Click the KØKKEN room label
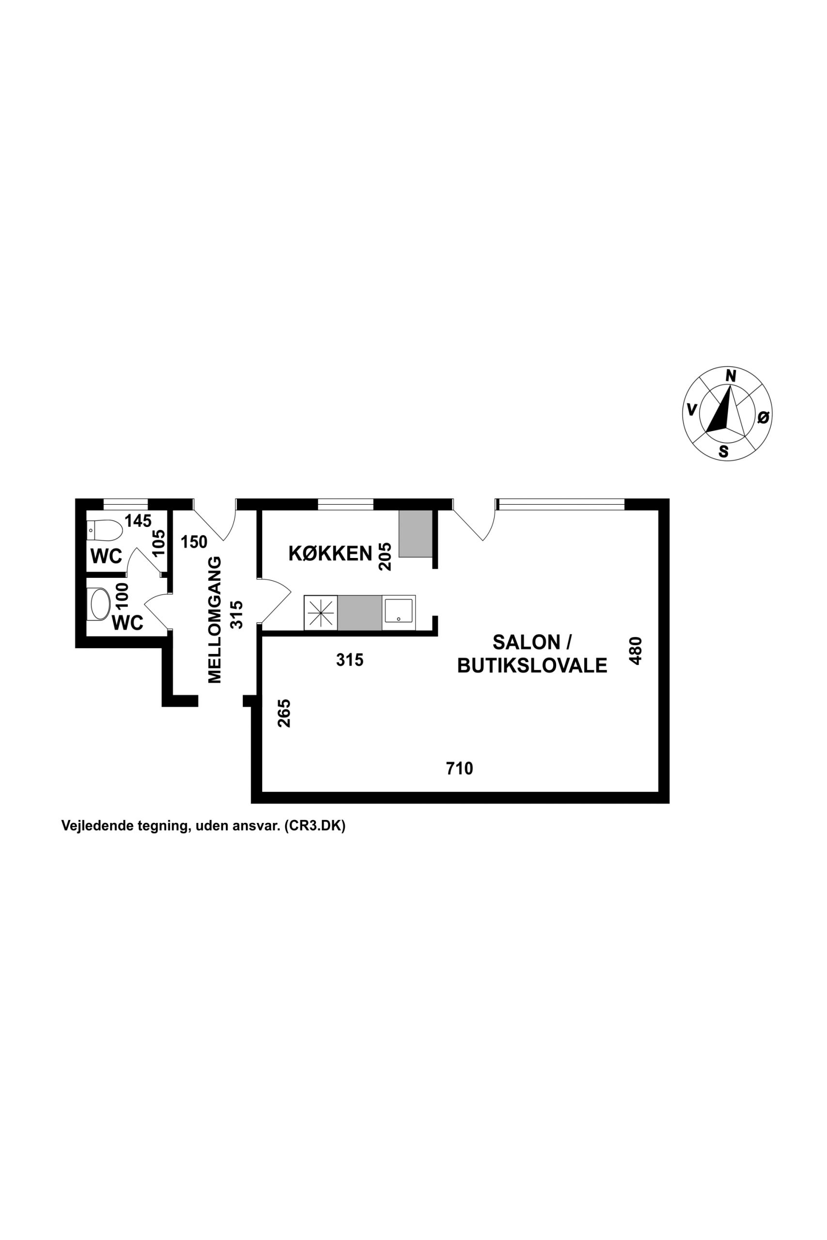[x=330, y=554]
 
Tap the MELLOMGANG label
[x=215, y=620]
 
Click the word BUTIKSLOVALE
[x=532, y=666]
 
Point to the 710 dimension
[x=459, y=769]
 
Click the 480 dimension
[x=636, y=651]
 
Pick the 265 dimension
[x=284, y=713]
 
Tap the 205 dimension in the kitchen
[x=386, y=557]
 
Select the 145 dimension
[x=138, y=521]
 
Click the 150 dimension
[x=194, y=542]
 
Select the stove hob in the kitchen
[x=321, y=613]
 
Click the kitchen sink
[x=399, y=613]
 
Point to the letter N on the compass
[x=731, y=376]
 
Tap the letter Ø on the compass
[x=763, y=417]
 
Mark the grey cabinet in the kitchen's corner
[x=416, y=533]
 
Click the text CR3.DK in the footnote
[x=314, y=825]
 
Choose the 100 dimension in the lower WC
[x=122, y=596]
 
